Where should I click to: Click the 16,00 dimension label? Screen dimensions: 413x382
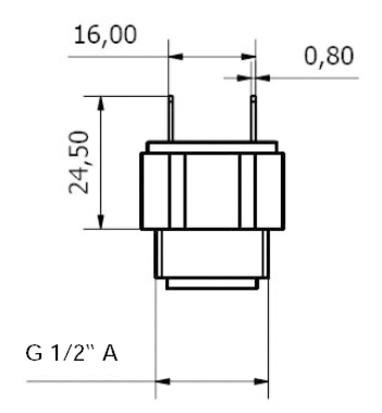[x=105, y=35]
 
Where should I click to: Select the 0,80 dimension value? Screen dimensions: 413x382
[x=329, y=56]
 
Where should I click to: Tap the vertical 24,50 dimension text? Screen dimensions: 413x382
[x=79, y=162]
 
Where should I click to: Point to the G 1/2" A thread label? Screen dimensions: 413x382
[x=72, y=353]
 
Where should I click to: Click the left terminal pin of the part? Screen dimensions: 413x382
[x=171, y=118]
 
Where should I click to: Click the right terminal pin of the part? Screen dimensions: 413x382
[x=253, y=118]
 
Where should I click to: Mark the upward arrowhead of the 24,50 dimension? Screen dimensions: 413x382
[x=101, y=103]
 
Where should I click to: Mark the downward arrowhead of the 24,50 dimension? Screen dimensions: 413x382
[x=101, y=222]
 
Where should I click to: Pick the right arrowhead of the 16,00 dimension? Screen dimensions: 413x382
[x=248, y=57]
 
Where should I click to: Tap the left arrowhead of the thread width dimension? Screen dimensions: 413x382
[x=163, y=382]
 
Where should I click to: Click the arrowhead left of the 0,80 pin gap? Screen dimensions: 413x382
[x=244, y=78]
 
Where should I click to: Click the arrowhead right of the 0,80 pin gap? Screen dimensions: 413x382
[x=263, y=78]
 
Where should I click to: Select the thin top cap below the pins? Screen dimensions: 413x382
[x=212, y=147]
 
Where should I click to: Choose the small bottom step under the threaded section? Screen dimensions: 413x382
[x=212, y=283]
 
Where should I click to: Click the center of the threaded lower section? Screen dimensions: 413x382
[x=212, y=253]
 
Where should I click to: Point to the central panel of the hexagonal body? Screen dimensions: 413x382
[x=212, y=191]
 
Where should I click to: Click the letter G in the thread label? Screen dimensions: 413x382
[x=34, y=353]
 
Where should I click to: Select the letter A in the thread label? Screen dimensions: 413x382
[x=110, y=353]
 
